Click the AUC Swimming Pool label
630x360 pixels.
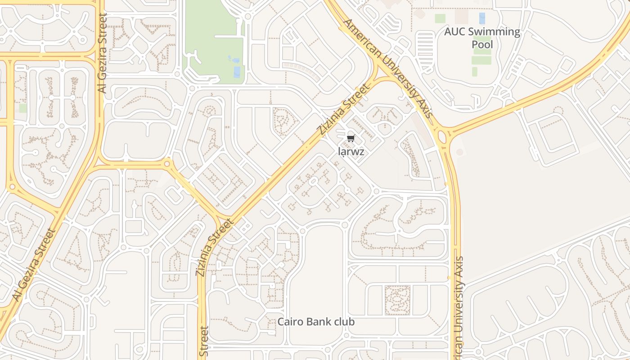(x=482, y=38)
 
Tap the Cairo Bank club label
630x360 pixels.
(x=316, y=322)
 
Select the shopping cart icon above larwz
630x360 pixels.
(x=351, y=139)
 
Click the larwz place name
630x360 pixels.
(x=351, y=152)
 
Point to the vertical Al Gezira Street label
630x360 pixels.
(x=102, y=53)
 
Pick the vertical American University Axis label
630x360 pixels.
(x=459, y=306)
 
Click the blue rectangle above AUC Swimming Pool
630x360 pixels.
(x=482, y=18)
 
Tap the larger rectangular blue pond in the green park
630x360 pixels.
(x=237, y=72)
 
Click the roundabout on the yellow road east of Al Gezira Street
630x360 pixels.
(x=167, y=164)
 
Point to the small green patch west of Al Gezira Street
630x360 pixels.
(x=23, y=108)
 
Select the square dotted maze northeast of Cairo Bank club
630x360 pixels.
(x=397, y=300)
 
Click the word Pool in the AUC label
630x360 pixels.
(x=482, y=44)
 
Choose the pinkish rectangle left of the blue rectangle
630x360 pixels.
(x=461, y=18)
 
